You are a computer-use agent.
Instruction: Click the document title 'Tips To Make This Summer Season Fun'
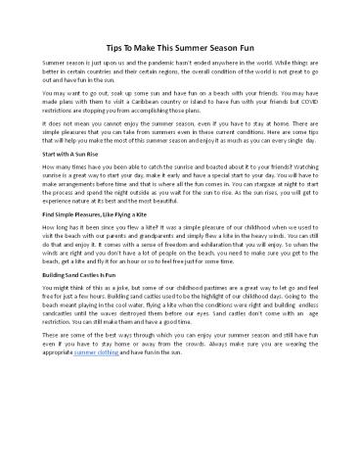(x=180, y=46)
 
